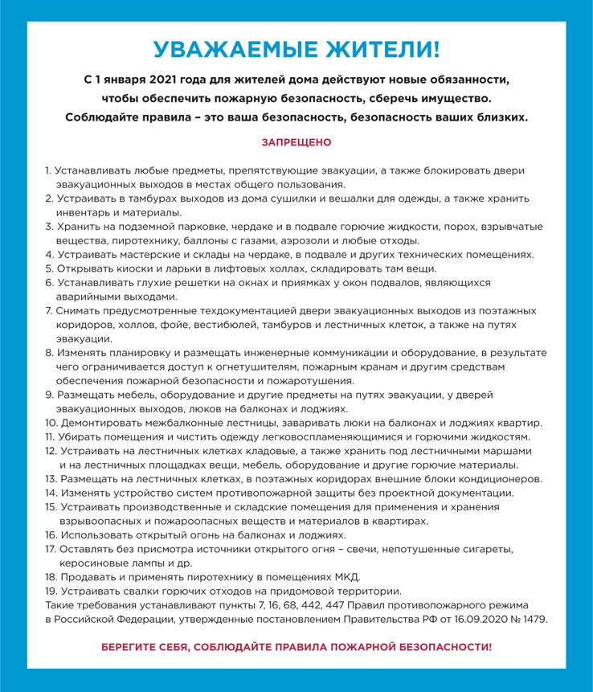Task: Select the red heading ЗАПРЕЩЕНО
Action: pos(296,142)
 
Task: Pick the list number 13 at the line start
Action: pos(50,479)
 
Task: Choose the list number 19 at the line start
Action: pos(50,591)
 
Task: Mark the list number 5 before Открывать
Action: pos(49,268)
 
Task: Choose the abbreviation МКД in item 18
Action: pos(346,577)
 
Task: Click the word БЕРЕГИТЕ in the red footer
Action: pos(135,647)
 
